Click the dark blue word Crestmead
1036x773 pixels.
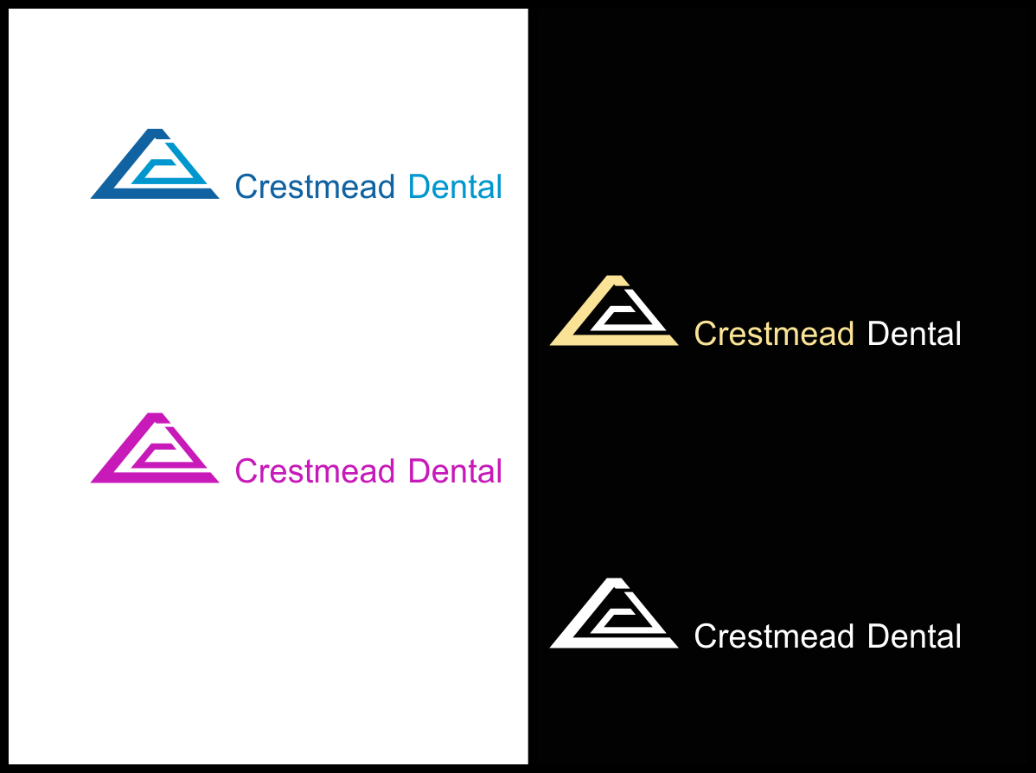click(x=315, y=187)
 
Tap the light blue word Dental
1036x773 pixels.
click(x=455, y=187)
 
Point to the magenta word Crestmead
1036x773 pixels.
click(x=315, y=471)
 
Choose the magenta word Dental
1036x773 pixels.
click(x=455, y=471)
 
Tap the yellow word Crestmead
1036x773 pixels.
click(x=774, y=334)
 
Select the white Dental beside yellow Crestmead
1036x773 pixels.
click(x=914, y=334)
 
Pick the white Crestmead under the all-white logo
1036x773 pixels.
click(x=774, y=636)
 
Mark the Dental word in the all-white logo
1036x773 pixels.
click(x=914, y=636)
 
